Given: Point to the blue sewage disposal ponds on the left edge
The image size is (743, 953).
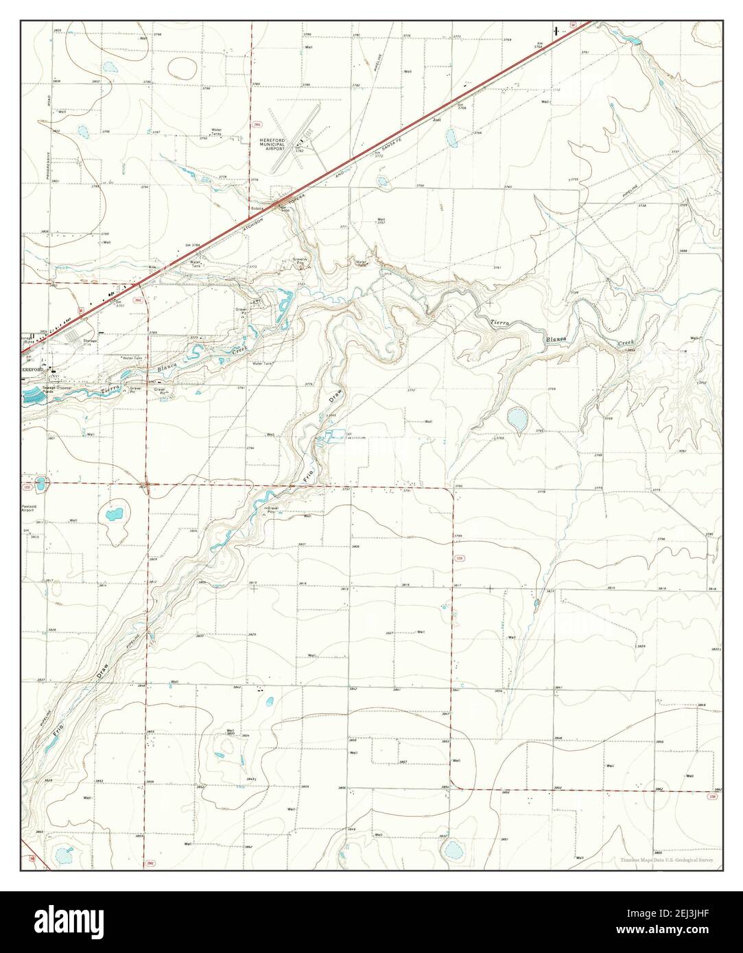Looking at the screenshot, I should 31,394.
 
